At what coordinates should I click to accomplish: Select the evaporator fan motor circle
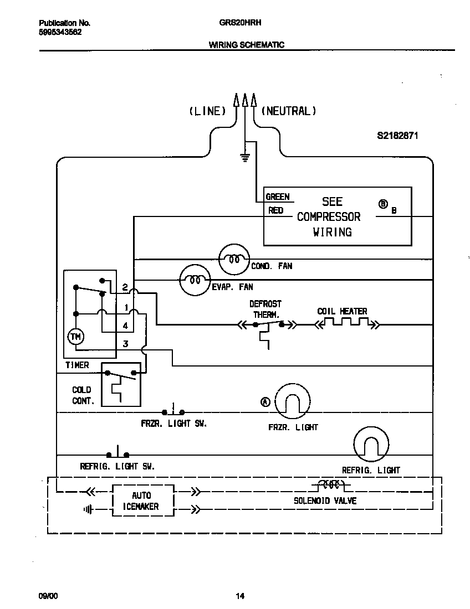(x=195, y=280)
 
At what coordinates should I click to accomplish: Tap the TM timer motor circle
(x=74, y=337)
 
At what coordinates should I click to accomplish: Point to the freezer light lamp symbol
(x=293, y=401)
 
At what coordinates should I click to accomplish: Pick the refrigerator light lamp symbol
(x=371, y=444)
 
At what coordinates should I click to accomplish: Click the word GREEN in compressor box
(x=278, y=197)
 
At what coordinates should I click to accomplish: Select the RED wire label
(x=276, y=210)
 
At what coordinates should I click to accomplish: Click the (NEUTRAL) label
(x=288, y=111)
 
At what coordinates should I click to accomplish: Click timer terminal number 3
(x=126, y=344)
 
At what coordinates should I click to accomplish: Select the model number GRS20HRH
(x=244, y=23)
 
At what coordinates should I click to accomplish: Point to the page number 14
(x=239, y=596)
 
